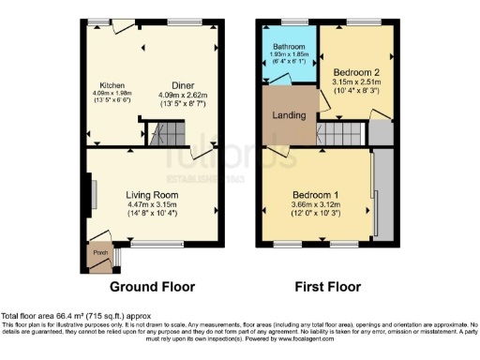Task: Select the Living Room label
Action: [x=153, y=195]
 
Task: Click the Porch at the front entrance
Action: [x=98, y=252]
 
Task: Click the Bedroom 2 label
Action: [x=355, y=69]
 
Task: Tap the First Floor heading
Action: [x=327, y=287]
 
